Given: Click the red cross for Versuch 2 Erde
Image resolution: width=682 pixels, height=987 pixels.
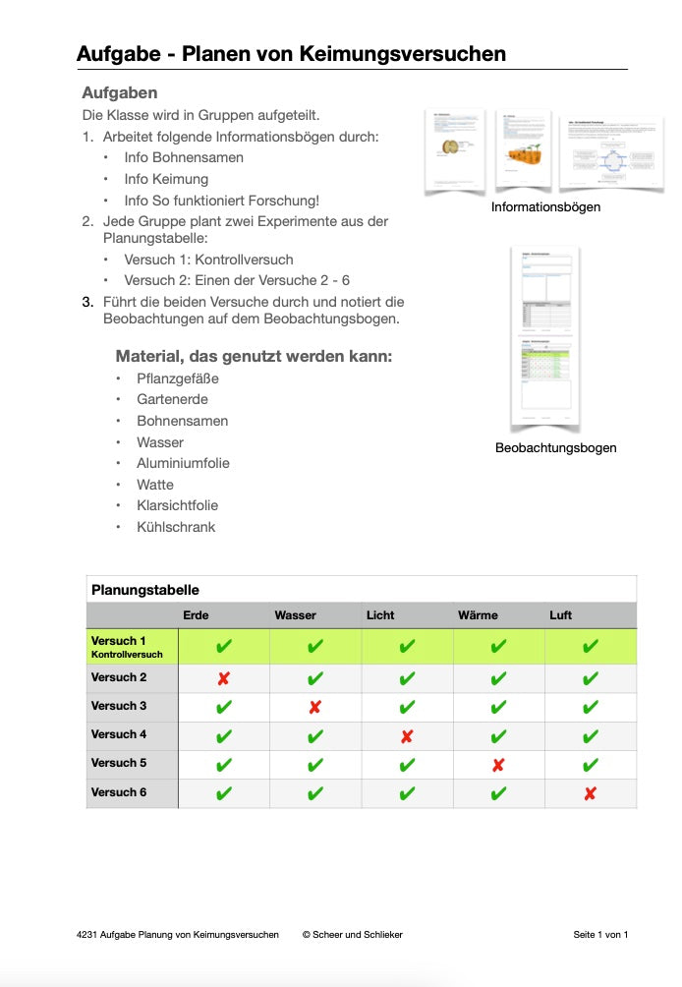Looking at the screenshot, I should click(x=223, y=678).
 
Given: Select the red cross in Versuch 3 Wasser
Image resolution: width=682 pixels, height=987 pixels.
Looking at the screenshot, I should click(x=314, y=707).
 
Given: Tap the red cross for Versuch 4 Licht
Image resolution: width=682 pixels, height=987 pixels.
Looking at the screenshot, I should click(x=407, y=736).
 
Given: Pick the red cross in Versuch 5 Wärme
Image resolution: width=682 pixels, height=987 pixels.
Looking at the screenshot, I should click(x=498, y=765).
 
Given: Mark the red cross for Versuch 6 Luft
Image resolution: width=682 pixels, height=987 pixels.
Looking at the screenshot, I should click(x=590, y=793).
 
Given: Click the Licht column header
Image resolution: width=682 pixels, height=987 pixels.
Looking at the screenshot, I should click(x=380, y=615).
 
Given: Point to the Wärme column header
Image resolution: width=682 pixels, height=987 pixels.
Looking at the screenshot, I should click(x=478, y=615).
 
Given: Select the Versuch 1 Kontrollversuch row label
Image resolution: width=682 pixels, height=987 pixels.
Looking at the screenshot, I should click(x=127, y=647).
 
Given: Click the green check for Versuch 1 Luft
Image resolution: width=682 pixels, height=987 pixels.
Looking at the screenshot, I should click(x=590, y=647).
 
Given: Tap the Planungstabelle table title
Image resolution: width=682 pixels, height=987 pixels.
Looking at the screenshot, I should click(x=145, y=590).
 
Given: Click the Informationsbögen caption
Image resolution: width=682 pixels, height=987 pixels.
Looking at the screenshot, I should click(x=545, y=207).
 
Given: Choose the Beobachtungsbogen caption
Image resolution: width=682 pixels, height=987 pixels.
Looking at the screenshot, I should click(x=555, y=448).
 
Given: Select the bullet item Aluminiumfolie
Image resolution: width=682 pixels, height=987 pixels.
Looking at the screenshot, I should click(x=183, y=463).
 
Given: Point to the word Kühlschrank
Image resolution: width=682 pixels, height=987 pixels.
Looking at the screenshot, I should click(x=176, y=527).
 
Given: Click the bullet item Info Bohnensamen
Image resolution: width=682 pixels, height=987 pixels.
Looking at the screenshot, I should click(x=184, y=157).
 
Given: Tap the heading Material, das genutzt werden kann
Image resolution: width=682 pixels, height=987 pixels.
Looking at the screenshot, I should click(x=254, y=356).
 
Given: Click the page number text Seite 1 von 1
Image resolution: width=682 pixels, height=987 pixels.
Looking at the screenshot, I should click(x=600, y=934).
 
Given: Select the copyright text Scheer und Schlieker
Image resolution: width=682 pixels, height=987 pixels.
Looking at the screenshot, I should click(x=353, y=934).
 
